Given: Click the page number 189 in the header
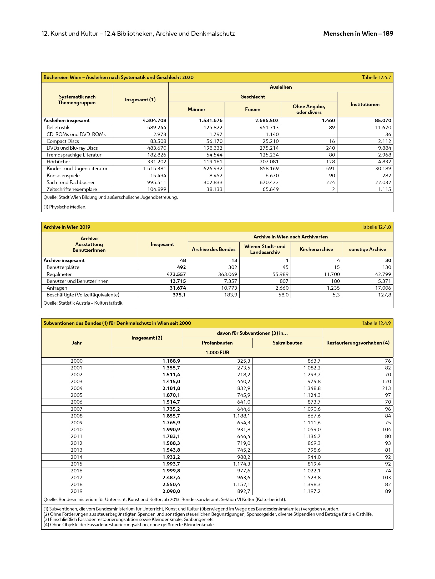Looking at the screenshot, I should tap(388, 34).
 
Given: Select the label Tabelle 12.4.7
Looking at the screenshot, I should tap(376, 77).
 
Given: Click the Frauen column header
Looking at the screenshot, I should tap(252, 109).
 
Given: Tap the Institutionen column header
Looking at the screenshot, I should tap(365, 105).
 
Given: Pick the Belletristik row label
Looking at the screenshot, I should tap(58, 128).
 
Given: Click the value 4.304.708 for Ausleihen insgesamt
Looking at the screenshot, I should tap(154, 121).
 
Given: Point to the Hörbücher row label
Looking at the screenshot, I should tap(58, 162).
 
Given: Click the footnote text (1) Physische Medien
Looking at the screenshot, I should tap(65, 207).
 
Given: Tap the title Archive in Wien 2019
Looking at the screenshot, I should tap(67, 227).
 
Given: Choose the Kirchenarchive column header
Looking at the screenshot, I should tap(316, 249).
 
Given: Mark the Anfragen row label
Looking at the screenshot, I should tap(57, 288).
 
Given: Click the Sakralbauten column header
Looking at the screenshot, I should tap(287, 343).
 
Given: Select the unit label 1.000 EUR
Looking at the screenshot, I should tap(217, 353).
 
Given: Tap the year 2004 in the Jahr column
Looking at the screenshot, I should tap(77, 388).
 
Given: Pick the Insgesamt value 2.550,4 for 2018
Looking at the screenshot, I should tap(171, 484).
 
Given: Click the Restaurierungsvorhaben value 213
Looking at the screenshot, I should tap(386, 388).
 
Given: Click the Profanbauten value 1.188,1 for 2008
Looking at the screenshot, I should tap(241, 416).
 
